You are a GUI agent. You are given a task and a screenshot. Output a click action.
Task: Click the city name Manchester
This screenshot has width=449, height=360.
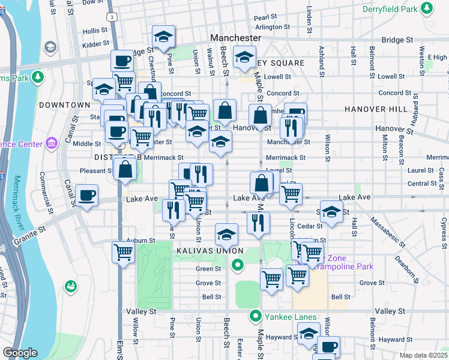coord(235,38)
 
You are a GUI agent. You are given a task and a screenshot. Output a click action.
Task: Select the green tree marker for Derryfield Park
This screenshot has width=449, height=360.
coord(427,8)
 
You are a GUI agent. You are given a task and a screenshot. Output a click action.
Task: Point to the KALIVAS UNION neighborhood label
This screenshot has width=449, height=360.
coord(209,250)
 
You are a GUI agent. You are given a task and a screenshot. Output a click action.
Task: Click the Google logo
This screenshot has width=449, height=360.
coord(20,353)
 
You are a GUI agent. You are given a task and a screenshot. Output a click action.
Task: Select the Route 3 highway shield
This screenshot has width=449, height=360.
coord(113,17)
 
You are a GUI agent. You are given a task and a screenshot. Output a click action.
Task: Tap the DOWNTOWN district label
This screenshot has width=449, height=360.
coord(64,105)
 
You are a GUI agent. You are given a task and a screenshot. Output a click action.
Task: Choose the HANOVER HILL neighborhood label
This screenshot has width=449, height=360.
coord(368,109)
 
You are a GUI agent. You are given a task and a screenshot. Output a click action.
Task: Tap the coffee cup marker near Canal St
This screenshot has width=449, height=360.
coord(88,196)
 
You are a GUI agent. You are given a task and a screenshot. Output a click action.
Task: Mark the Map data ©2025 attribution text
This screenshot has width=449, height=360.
coord(423,355)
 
